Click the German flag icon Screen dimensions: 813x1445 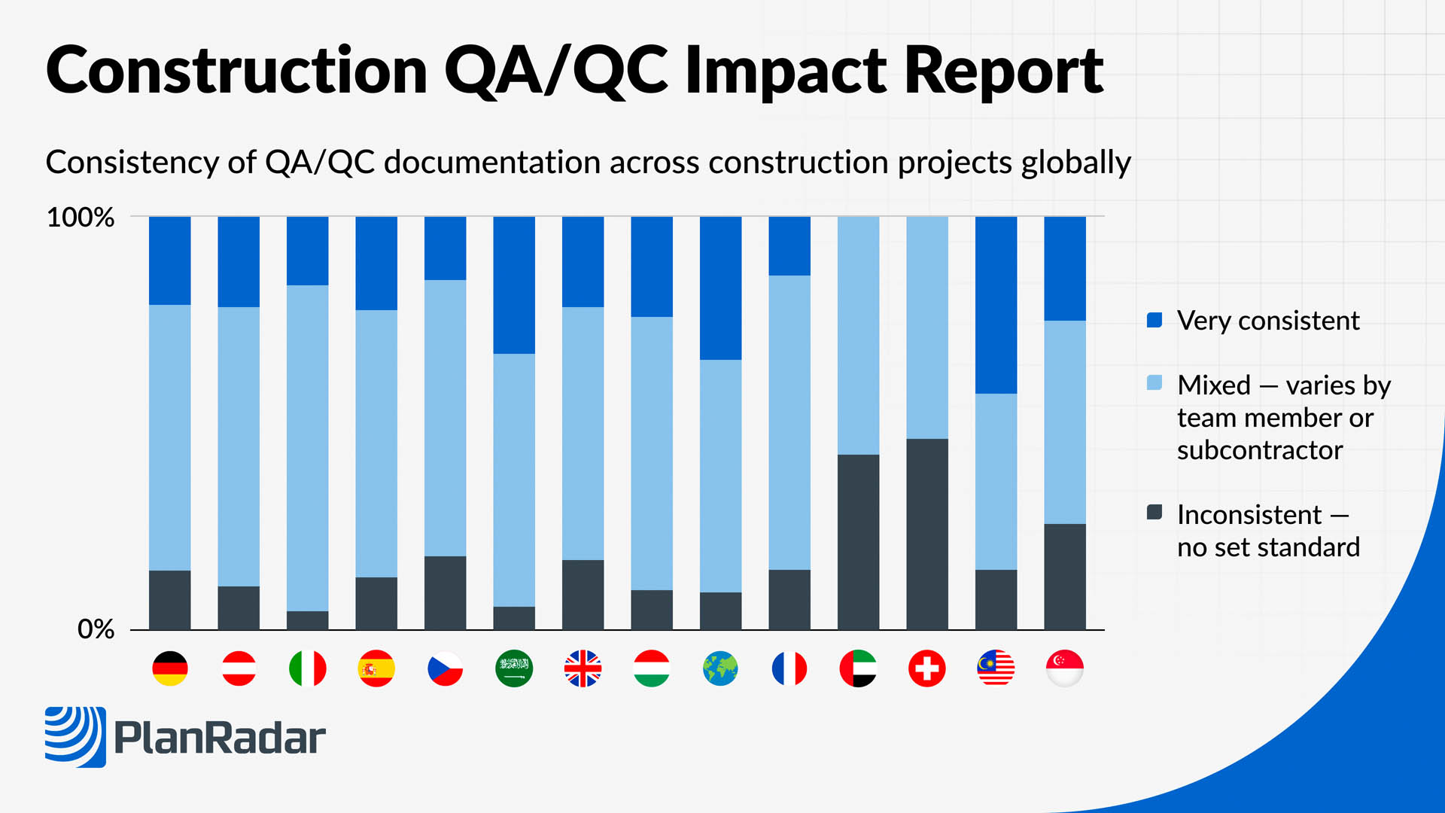tap(170, 668)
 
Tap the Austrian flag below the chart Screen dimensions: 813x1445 tap(239, 668)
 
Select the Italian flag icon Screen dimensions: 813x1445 tap(308, 668)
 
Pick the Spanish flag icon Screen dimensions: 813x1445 tap(376, 668)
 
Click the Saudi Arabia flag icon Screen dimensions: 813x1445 tap(514, 668)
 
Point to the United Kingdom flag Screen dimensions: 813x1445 tap(583, 668)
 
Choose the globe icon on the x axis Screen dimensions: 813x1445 tap(720, 668)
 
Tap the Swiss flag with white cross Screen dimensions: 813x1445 tap(927, 668)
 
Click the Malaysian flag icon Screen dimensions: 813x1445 tap(996, 668)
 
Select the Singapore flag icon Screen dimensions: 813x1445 tap(1065, 668)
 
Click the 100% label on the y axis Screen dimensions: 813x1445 tap(81, 218)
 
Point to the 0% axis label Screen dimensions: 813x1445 tap(96, 629)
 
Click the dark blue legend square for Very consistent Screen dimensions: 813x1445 tap(1154, 321)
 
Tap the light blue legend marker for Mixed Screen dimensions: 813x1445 tap(1154, 383)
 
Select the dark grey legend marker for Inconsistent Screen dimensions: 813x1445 tap(1154, 513)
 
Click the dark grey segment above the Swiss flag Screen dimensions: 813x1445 tap(927, 534)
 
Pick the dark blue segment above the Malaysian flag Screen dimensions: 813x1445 tap(996, 305)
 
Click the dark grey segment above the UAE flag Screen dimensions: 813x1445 tap(858, 542)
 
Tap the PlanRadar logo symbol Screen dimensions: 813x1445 tap(75, 736)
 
